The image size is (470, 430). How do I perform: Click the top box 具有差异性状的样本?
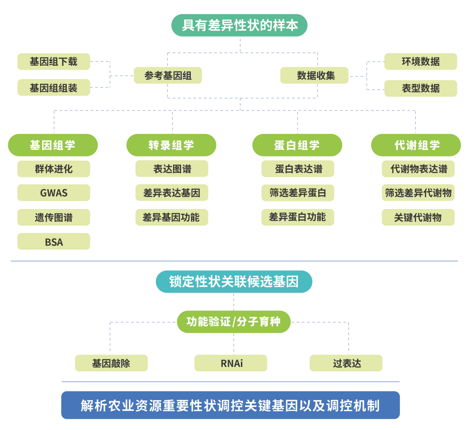pyautogui.click(x=239, y=25)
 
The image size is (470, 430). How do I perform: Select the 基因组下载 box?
pyautogui.click(x=54, y=62)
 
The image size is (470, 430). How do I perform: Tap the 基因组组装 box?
pyautogui.click(x=54, y=88)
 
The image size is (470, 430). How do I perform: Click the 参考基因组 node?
pyautogui.click(x=168, y=75)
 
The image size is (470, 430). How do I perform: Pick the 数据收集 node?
pyautogui.click(x=314, y=75)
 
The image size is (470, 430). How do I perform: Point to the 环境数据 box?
pyautogui.click(x=421, y=62)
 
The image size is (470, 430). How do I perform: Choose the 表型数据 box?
pyautogui.click(x=421, y=89)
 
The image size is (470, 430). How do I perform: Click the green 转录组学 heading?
pyautogui.click(x=171, y=145)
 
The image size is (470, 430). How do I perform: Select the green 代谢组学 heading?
pyautogui.click(x=416, y=145)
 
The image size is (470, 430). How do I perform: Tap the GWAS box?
pyautogui.click(x=54, y=193)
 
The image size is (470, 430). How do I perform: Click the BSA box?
pyautogui.click(x=54, y=241)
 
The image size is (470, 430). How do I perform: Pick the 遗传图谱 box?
pyautogui.click(x=54, y=217)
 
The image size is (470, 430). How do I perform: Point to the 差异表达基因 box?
pyautogui.click(x=172, y=193)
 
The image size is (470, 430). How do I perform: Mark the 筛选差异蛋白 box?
pyautogui.click(x=298, y=193)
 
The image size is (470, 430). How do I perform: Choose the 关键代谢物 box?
pyautogui.click(x=418, y=217)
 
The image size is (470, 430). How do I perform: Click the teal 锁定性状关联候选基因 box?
pyautogui.click(x=234, y=282)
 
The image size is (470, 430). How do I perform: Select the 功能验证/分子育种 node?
pyautogui.click(x=234, y=322)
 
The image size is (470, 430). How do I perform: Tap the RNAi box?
pyautogui.click(x=231, y=363)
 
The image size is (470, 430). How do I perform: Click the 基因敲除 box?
pyautogui.click(x=111, y=363)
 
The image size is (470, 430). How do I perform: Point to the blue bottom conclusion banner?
pyautogui.click(x=230, y=405)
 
